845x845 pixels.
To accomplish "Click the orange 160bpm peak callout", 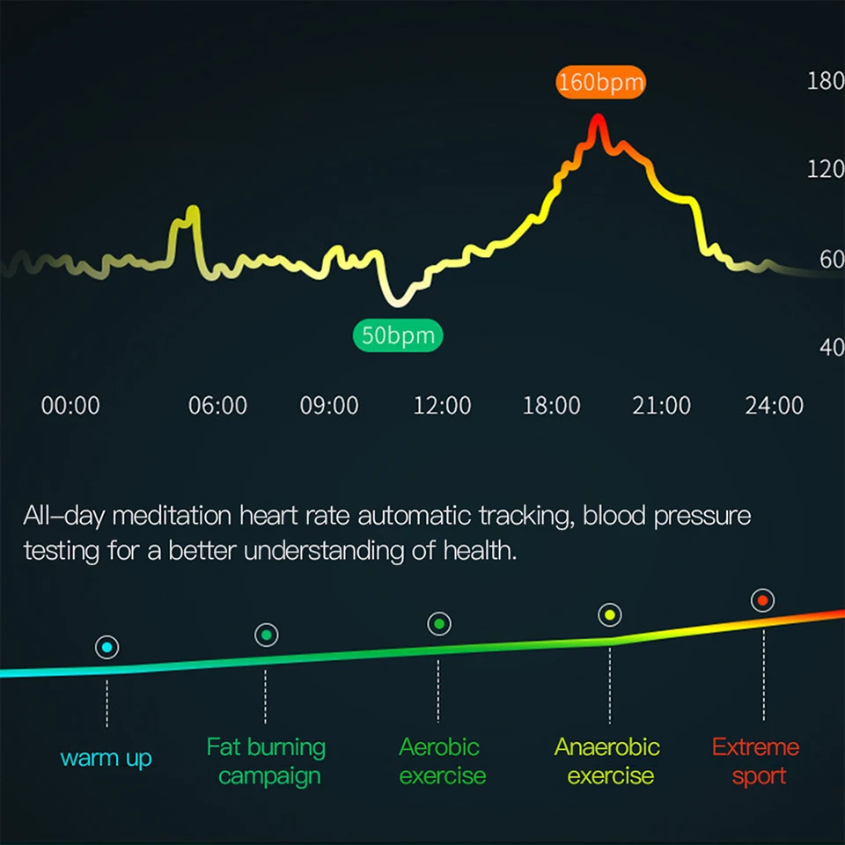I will pos(601,83).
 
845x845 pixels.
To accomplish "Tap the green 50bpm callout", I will pos(399,336).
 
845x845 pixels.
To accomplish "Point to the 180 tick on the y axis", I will pos(825,82).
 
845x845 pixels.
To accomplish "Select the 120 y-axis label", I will pos(825,170).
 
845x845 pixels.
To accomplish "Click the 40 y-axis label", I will pos(831,348).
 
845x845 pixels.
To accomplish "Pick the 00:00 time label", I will pos(70,406).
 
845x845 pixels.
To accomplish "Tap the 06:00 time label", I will pos(217,406).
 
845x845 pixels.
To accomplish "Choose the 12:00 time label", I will pos(442,406).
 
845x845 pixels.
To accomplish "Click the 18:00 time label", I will pos(551,406).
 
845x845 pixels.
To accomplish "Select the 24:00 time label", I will pos(774,406).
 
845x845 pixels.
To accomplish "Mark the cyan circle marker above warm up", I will pos(107,648).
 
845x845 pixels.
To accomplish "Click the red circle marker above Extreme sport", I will pos(763,601).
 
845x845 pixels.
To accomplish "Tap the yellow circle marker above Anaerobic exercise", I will pos(609,615).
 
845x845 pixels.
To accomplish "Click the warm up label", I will pos(107,758).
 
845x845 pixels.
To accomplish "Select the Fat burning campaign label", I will pos(267,761).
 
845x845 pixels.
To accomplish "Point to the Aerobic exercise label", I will pos(441,761).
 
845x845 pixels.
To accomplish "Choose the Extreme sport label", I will pos(755,761).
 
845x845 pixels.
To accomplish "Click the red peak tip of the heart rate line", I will pos(598,119).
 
